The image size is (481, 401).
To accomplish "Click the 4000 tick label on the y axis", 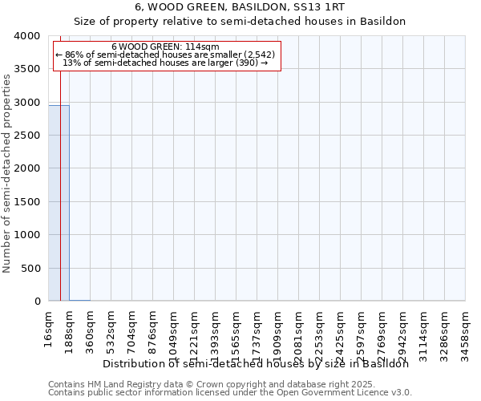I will coord(27,36).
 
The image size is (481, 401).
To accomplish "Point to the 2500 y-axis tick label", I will coord(27,136).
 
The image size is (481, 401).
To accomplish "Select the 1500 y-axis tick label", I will coord(27,202).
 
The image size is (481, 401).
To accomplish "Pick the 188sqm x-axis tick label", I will coord(70,328).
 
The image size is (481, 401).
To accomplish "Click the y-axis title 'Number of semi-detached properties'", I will coord(7,172).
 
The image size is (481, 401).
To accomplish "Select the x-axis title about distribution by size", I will coord(257,363).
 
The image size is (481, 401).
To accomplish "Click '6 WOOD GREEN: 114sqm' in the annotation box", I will coord(165,47).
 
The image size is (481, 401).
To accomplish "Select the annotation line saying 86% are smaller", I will coord(165,55).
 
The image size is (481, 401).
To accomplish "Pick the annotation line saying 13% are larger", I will coord(165,63).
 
